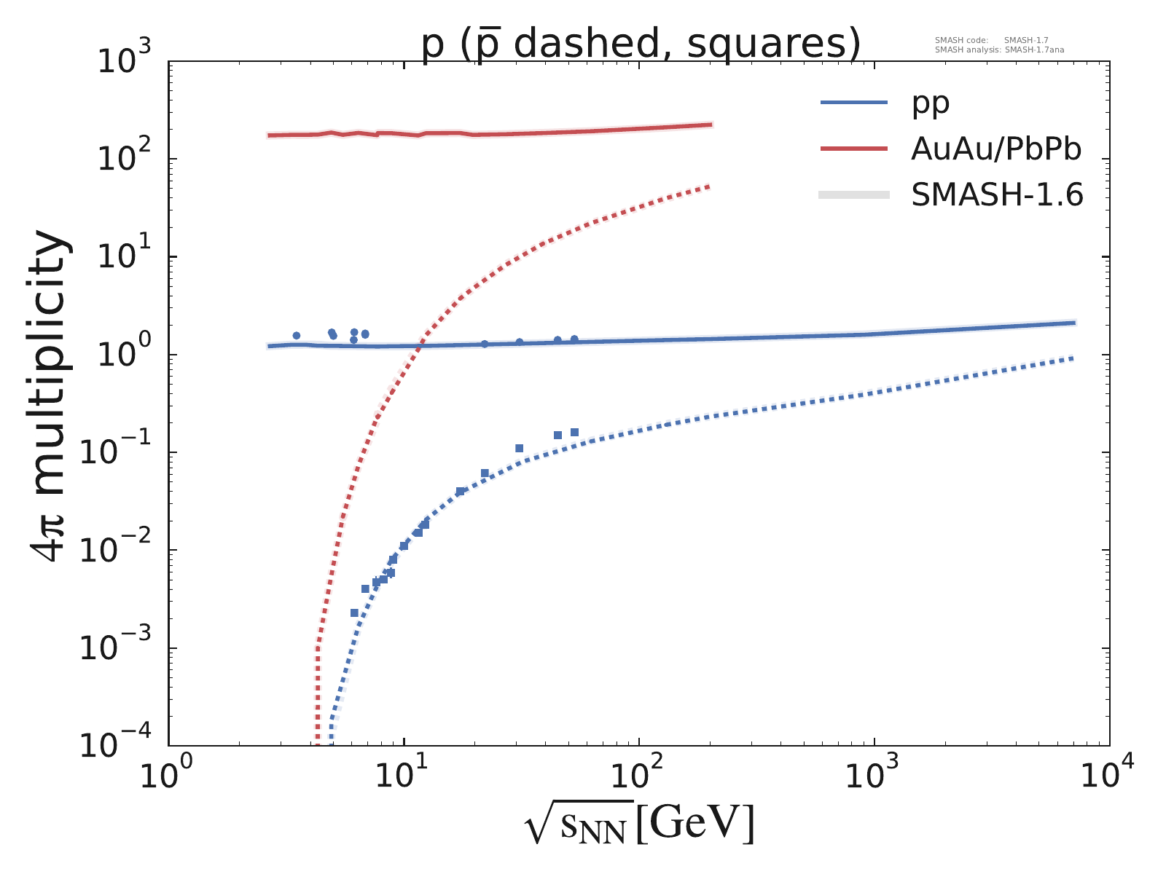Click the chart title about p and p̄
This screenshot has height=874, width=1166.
[641, 44]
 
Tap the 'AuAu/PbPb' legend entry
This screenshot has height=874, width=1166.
[995, 149]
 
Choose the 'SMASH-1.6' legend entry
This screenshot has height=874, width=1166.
[997, 194]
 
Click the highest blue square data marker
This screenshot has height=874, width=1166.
[574, 432]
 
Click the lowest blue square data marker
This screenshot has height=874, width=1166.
[354, 613]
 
